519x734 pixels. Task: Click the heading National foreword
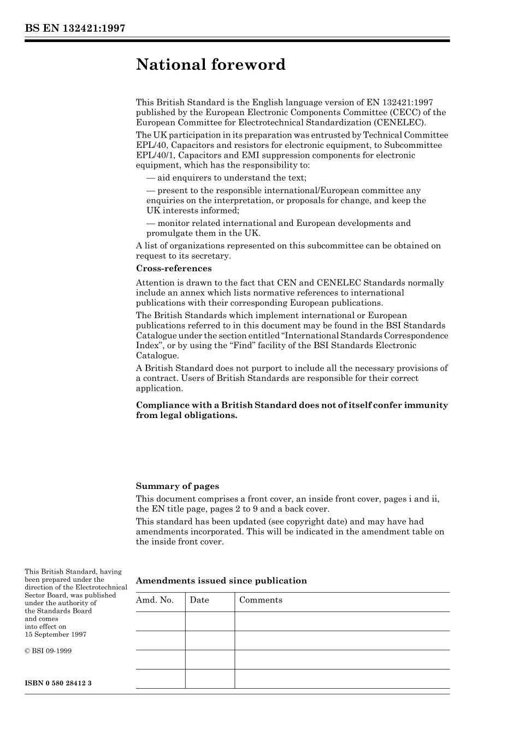[210, 65]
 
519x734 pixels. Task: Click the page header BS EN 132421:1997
[75, 28]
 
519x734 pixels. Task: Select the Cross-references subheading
[173, 268]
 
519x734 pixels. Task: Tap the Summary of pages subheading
[177, 486]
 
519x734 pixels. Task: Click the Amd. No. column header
[155, 600]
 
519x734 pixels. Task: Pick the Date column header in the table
[199, 600]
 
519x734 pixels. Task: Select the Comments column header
[261, 600]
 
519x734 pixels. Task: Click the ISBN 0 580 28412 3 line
[58, 683]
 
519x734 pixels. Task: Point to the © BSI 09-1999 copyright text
[48, 651]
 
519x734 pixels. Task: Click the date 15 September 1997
[55, 635]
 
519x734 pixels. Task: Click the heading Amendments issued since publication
[221, 581]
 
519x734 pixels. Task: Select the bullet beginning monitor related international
[278, 223]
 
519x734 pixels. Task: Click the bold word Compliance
[162, 405]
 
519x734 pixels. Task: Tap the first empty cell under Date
[210, 621]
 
